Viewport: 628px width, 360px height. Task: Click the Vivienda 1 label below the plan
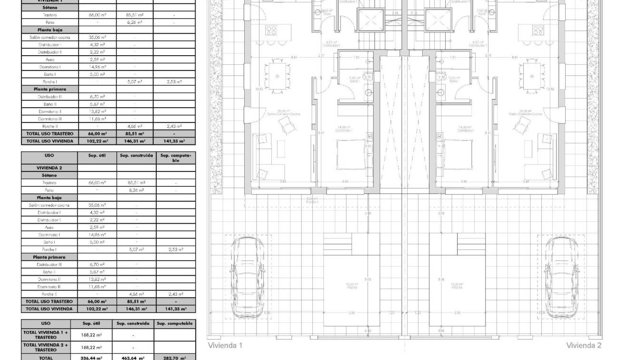(225, 345)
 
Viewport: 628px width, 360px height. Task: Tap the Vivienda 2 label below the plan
(584, 345)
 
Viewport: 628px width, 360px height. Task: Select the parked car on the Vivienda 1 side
(247, 278)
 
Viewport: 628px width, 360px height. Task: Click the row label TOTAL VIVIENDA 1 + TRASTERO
(45, 335)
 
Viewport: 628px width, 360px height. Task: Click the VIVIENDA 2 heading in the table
(49, 168)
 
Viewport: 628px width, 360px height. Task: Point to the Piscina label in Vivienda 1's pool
(352, 287)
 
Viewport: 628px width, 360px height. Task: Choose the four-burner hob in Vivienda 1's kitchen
(271, 31)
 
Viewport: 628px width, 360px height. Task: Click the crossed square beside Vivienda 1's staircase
(370, 19)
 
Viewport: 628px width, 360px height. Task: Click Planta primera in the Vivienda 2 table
(49, 257)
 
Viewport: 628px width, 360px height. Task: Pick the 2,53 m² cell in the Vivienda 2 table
(175, 250)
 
